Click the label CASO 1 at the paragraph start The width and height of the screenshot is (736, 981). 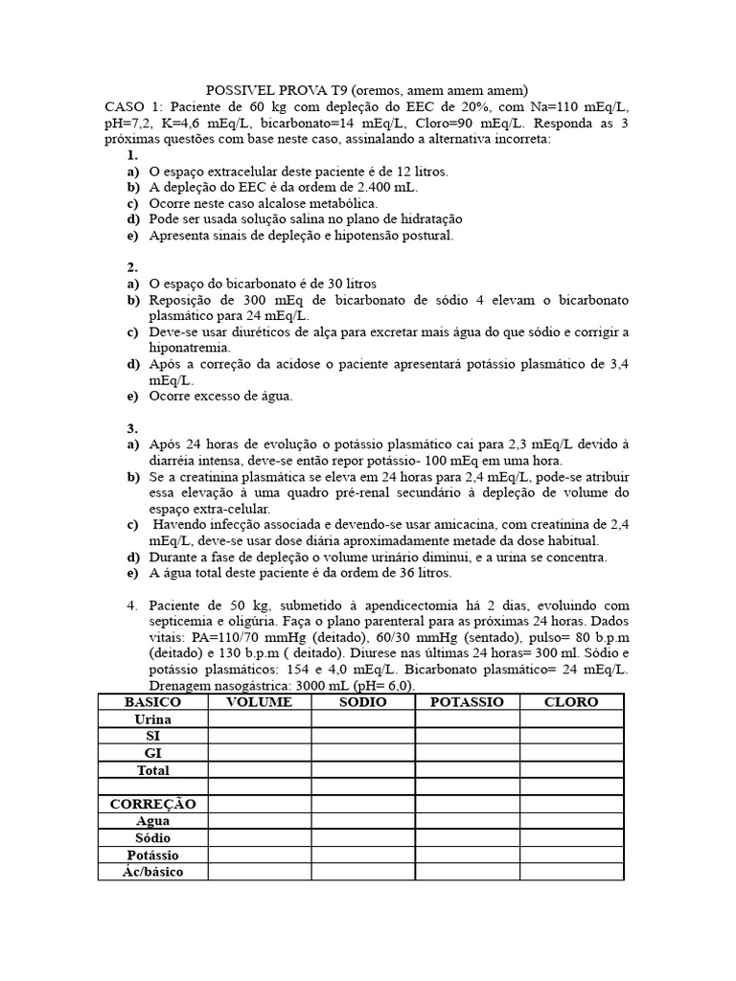[133, 106]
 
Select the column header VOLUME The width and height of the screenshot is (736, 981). [258, 702]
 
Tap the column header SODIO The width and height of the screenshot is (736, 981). [362, 702]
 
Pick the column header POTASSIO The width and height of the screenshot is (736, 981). [467, 702]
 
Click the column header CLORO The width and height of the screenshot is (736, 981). [571, 702]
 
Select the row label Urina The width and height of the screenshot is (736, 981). [152, 719]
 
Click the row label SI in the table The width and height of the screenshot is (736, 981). [152, 736]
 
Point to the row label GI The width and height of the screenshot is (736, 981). [152, 753]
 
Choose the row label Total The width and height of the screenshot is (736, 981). [152, 770]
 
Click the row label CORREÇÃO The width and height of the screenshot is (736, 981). [152, 804]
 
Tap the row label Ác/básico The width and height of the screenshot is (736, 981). [152, 872]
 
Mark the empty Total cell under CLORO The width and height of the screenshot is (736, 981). [571, 770]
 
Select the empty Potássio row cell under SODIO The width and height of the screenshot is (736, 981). [362, 855]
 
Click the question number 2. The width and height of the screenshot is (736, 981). [132, 267]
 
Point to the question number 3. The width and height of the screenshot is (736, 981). [132, 428]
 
